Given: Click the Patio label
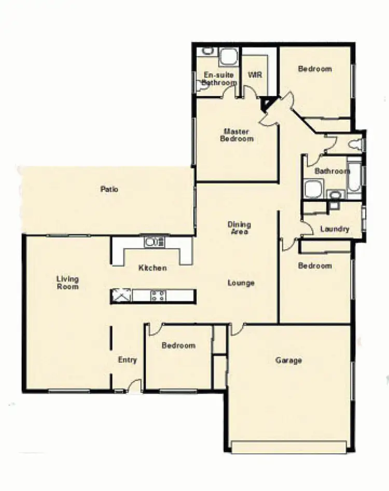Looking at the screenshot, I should (109, 189).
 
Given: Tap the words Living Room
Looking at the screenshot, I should (67, 283).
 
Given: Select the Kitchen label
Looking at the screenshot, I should (152, 268).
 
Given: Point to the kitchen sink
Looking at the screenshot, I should (154, 242).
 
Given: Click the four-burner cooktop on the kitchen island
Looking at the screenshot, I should (158, 296).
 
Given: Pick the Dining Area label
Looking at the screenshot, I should (239, 228).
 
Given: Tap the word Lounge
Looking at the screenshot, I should (241, 283).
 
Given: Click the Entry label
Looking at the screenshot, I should (127, 360).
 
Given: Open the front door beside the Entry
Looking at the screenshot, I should (135, 386).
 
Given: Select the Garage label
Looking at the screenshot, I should (288, 360).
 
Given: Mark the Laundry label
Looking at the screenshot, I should (335, 229).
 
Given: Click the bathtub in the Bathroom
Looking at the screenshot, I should (355, 179).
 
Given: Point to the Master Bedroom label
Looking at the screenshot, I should (237, 135).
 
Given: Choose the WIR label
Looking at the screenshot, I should (255, 75).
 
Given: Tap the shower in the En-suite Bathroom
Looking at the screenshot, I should (228, 57).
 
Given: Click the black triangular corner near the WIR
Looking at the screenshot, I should (266, 104).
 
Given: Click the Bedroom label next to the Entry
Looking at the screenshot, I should (178, 345).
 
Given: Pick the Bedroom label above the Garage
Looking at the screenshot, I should (315, 266).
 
